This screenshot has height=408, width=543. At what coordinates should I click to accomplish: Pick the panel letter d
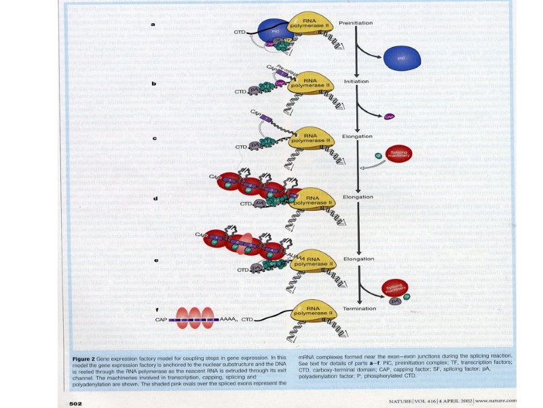coord(155,199)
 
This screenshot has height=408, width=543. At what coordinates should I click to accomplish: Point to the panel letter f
coord(157,309)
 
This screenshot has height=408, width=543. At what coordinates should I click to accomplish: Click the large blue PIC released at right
coord(401,58)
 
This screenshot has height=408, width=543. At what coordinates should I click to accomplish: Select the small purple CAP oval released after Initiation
coord(390,116)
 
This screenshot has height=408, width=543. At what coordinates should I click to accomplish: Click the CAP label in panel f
coord(161,320)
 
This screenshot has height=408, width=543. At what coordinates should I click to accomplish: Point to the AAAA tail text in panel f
coord(227,320)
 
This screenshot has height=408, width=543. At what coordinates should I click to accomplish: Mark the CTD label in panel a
coord(240,32)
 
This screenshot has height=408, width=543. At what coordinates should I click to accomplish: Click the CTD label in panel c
coord(240,147)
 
